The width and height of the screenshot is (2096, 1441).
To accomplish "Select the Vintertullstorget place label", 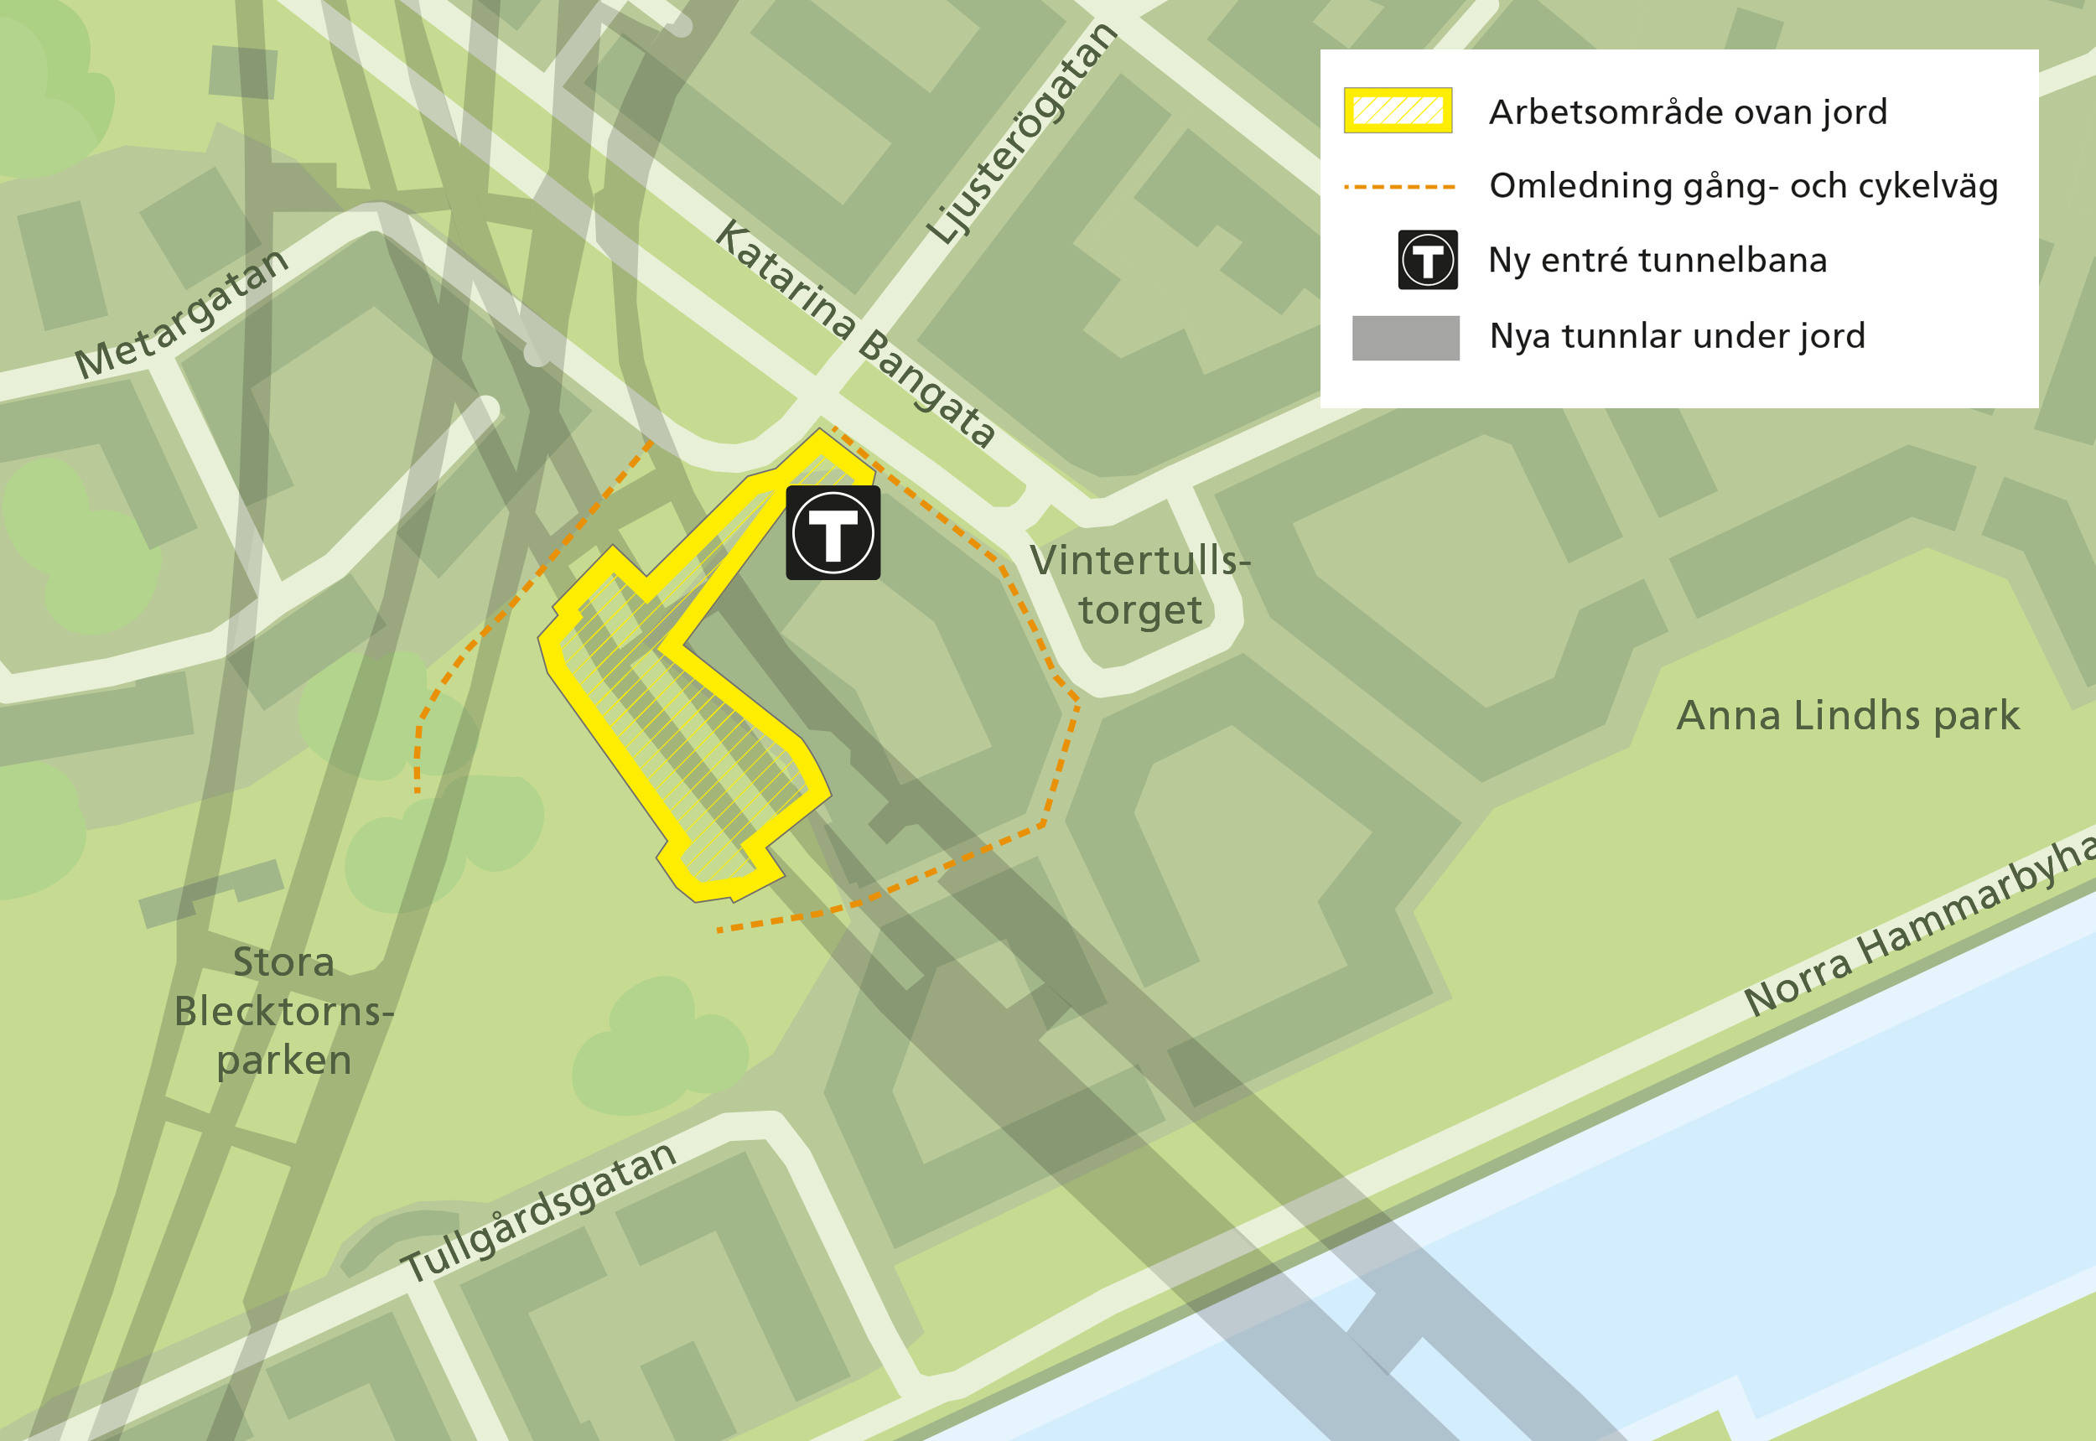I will coord(1139,584).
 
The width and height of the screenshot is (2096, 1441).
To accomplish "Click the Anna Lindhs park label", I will coord(1848,716).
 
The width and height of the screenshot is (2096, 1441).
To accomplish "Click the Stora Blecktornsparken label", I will coord(283,1010).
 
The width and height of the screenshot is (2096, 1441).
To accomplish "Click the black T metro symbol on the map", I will coord(833,532).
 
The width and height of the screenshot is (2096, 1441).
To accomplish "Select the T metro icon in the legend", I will coord(1427,260).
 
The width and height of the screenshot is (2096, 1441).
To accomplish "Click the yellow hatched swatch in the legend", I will coord(1397,110).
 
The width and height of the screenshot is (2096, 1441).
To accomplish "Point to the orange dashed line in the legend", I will coord(1398,187).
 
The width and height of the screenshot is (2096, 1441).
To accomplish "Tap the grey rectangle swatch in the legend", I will coord(1405,338).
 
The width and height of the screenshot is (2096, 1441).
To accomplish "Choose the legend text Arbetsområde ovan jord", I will coord(1688,112).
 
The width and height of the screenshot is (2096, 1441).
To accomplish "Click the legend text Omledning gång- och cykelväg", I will coord(1743,186).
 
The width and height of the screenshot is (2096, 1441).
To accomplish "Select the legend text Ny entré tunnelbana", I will coord(1658,260).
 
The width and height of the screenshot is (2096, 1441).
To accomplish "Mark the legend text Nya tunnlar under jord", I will coord(1677,336).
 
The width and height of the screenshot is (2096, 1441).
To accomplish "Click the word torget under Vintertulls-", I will coord(1139,610).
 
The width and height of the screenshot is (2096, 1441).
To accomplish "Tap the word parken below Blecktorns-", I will coord(283,1060).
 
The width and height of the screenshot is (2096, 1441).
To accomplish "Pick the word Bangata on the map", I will coord(926,387).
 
